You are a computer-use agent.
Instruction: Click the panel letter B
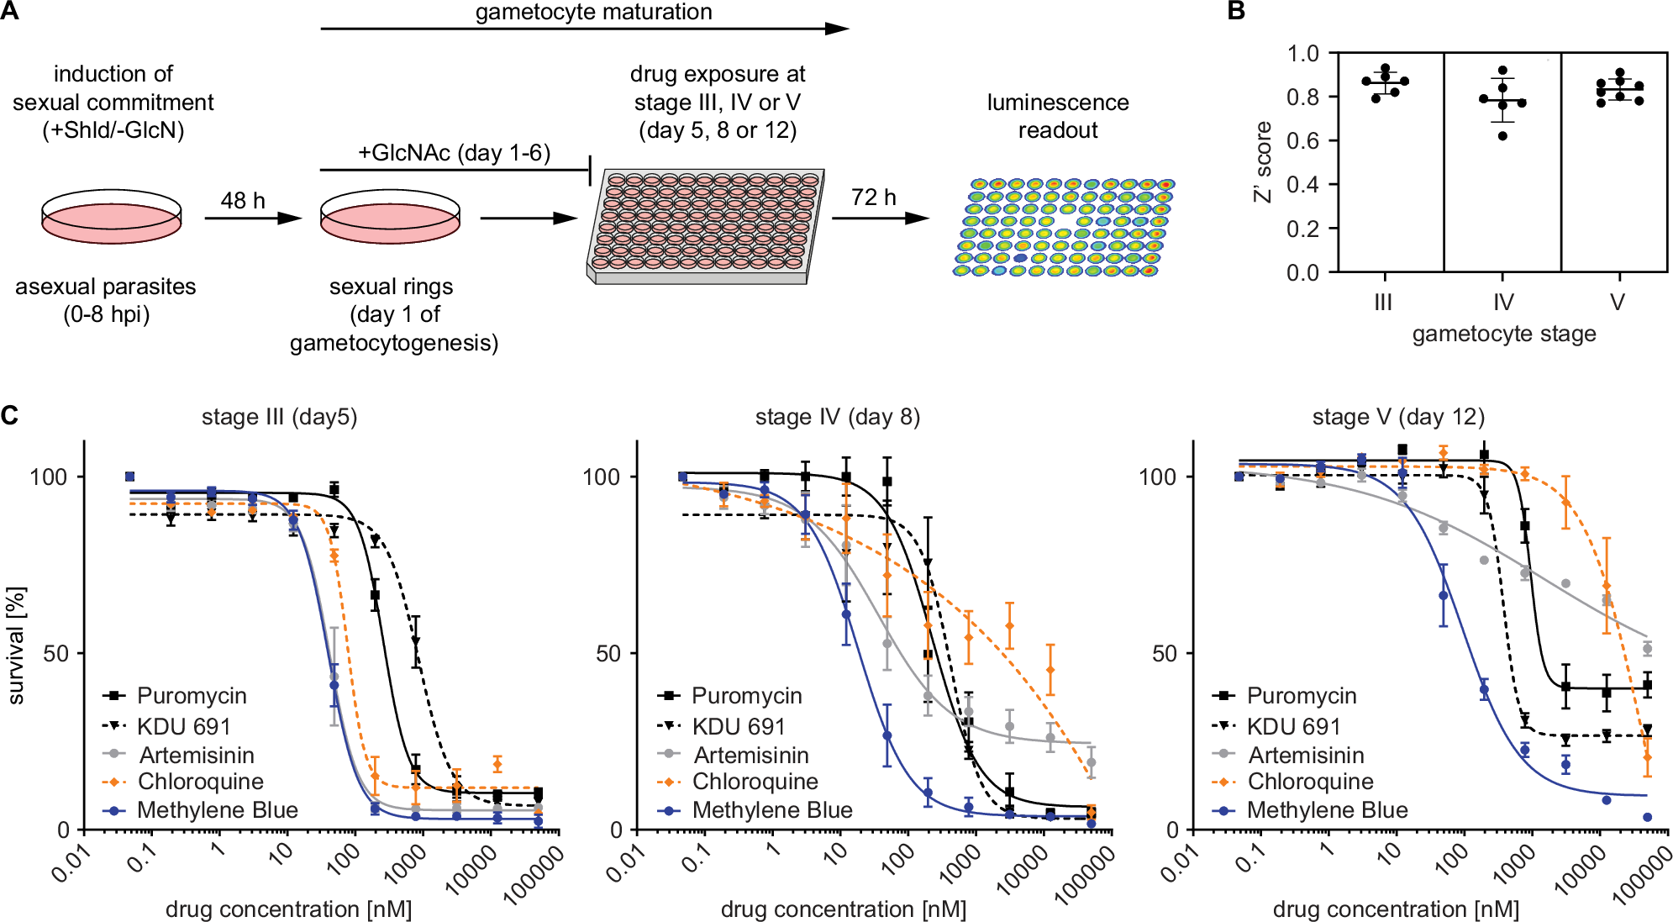[1235, 11]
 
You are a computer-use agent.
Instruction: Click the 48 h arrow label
[242, 200]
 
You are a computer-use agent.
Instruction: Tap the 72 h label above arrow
[873, 197]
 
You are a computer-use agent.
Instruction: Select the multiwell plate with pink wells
[703, 225]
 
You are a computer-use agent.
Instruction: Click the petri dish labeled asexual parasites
[111, 216]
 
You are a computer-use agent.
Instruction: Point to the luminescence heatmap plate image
[1063, 227]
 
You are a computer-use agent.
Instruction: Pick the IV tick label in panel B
[1502, 302]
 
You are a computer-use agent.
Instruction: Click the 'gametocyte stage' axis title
[1503, 334]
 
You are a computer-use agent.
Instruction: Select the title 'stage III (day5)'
[279, 417]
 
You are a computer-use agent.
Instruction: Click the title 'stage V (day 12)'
[1398, 417]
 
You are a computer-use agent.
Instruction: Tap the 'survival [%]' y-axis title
[16, 645]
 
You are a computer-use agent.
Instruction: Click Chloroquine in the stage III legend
[200, 782]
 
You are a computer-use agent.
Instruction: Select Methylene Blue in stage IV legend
[771, 810]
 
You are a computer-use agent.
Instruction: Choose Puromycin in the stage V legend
[1301, 696]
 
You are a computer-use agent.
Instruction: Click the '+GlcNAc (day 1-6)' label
[454, 153]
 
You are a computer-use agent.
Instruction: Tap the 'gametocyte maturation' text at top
[593, 12]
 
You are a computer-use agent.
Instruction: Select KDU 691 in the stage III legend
[183, 726]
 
